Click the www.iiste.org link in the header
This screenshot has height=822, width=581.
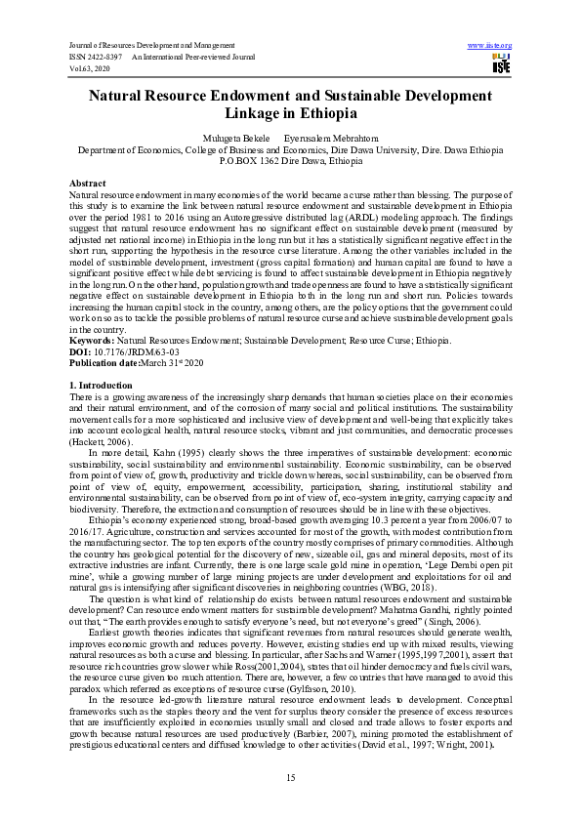coord(490,46)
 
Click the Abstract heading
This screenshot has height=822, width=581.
coord(88,184)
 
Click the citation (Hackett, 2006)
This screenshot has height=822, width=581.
coord(102,441)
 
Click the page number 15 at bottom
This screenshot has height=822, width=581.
coord(290,776)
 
